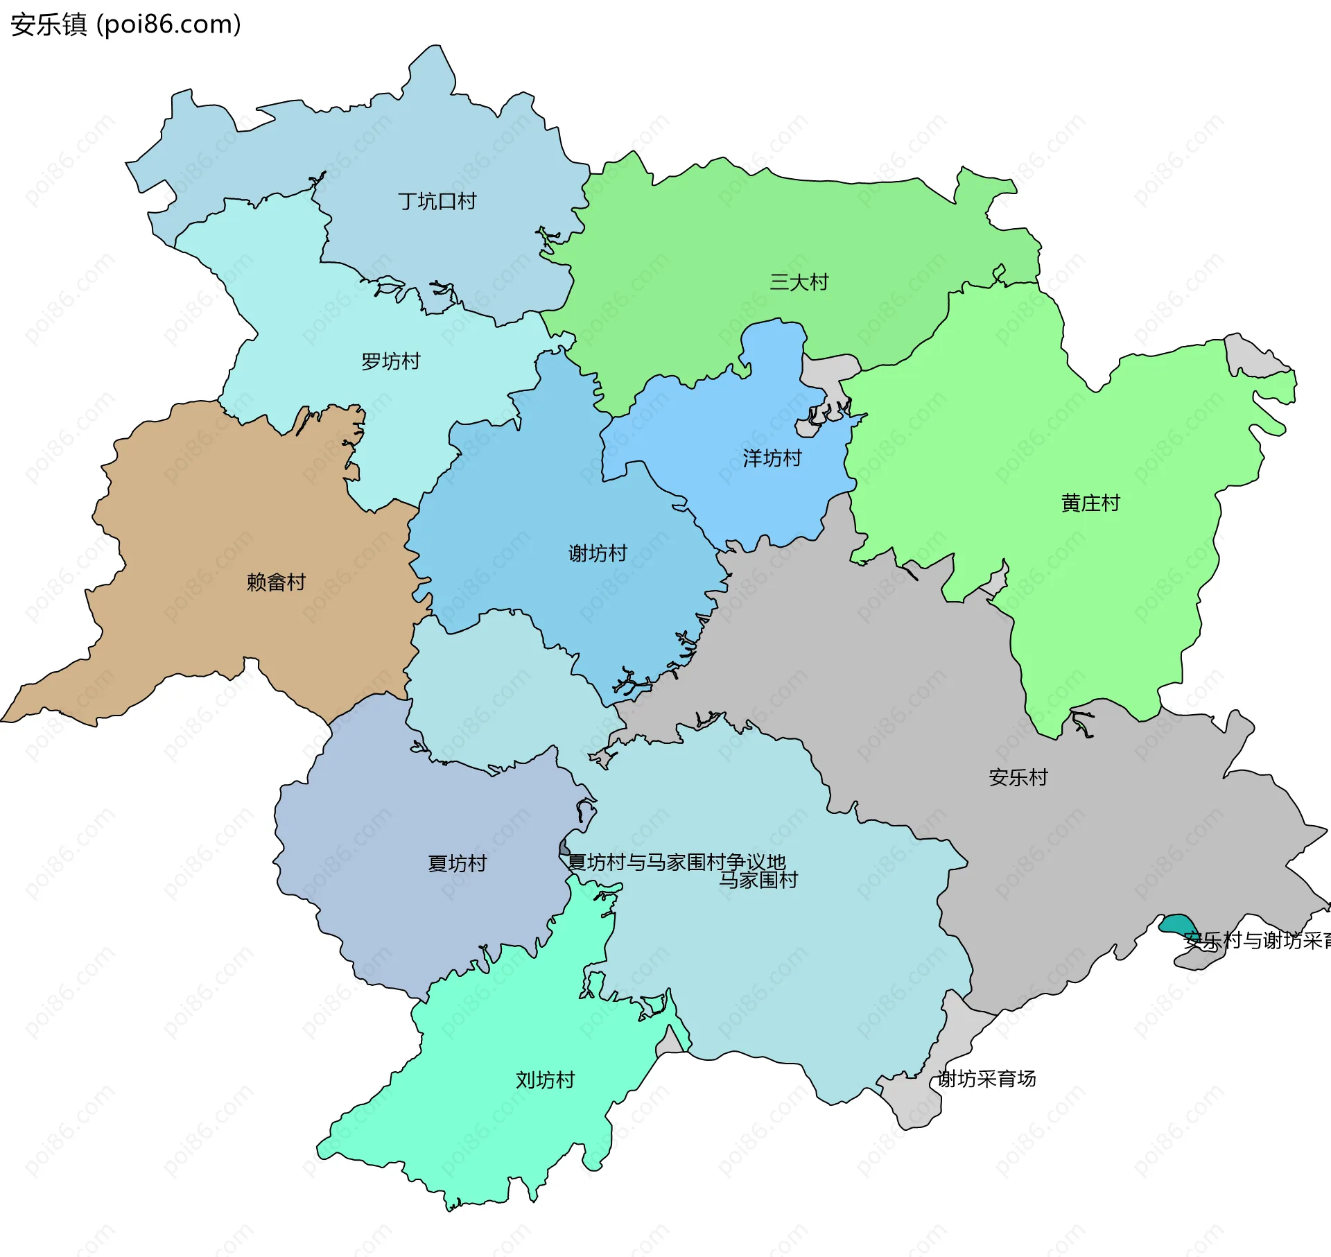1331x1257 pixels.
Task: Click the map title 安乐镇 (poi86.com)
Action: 125,24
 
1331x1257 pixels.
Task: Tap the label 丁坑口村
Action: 437,202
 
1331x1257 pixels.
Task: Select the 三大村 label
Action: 799,282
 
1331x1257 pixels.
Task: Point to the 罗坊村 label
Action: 390,362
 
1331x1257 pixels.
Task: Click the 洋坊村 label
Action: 772,458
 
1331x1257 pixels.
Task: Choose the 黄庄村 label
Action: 1090,503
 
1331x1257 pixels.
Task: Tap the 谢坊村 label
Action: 597,553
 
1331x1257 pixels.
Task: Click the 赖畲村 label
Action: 276,582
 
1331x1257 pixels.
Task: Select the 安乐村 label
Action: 1018,778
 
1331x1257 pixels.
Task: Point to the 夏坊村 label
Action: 457,864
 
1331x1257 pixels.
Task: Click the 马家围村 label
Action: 758,881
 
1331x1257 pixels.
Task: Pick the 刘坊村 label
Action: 545,1080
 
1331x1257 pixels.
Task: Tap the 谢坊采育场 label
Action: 986,1079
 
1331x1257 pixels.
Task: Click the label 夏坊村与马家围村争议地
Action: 676,862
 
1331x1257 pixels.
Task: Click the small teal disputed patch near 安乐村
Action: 1176,925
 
